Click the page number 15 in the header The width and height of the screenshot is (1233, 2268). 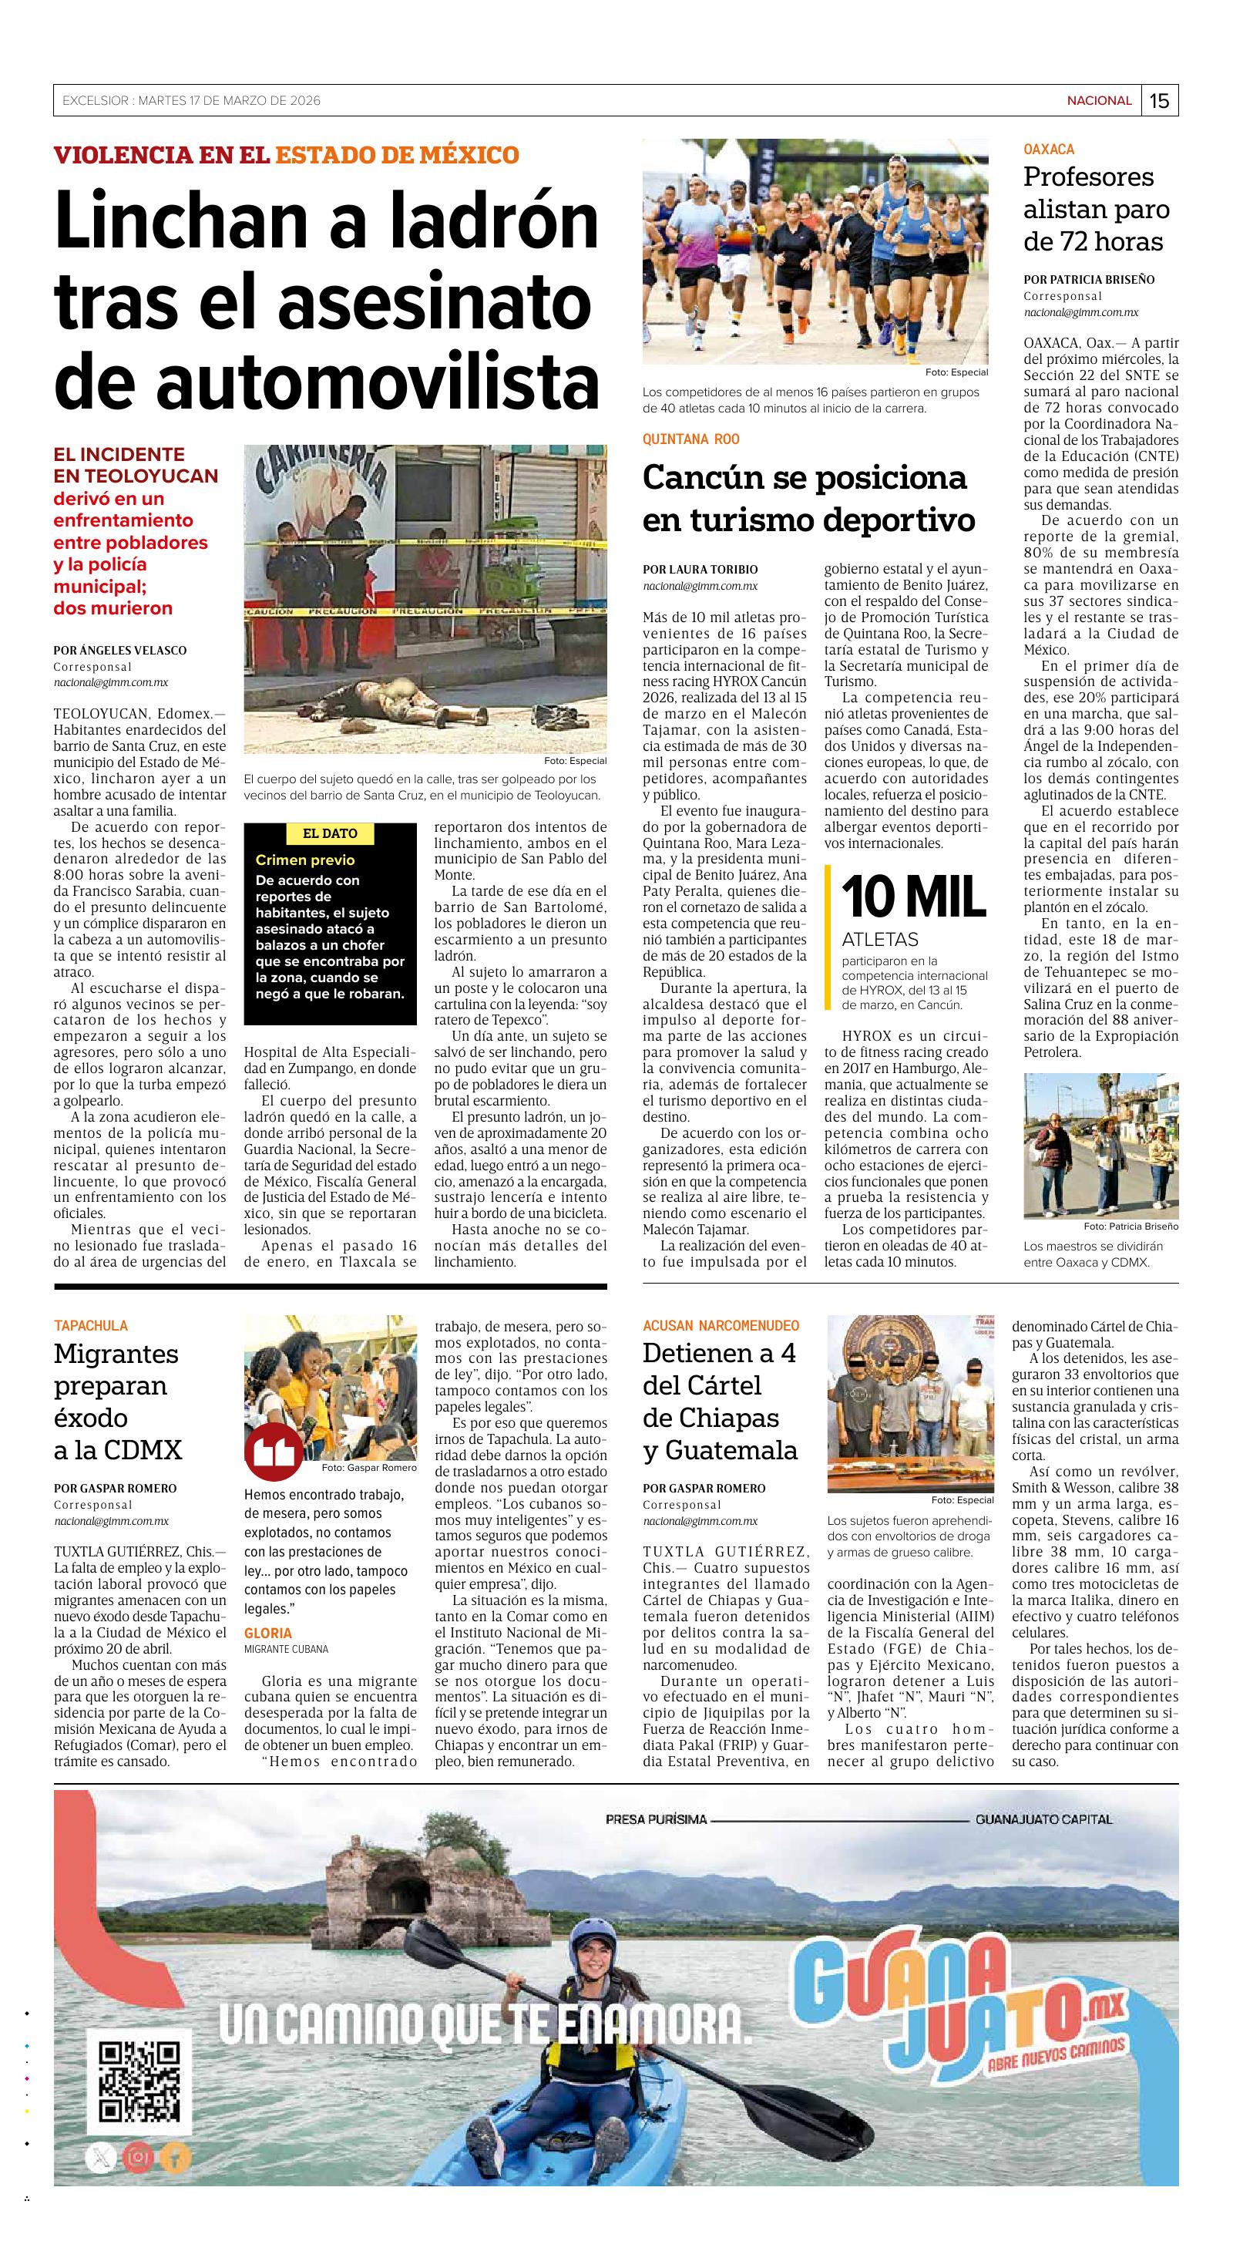point(1159,100)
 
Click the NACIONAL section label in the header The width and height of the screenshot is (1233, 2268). point(1099,100)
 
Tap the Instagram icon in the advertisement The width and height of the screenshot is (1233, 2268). point(137,2157)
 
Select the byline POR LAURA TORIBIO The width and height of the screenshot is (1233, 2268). point(700,570)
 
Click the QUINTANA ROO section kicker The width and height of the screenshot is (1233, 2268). point(691,439)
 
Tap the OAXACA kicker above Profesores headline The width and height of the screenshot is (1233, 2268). point(1048,150)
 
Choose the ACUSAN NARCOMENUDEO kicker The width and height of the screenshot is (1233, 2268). point(721,1326)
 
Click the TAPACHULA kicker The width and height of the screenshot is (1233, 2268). point(91,1326)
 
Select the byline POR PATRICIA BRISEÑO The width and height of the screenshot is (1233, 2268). point(1089,280)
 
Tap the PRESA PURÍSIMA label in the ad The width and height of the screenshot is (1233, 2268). point(656,1820)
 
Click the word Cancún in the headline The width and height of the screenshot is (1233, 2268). point(695,478)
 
